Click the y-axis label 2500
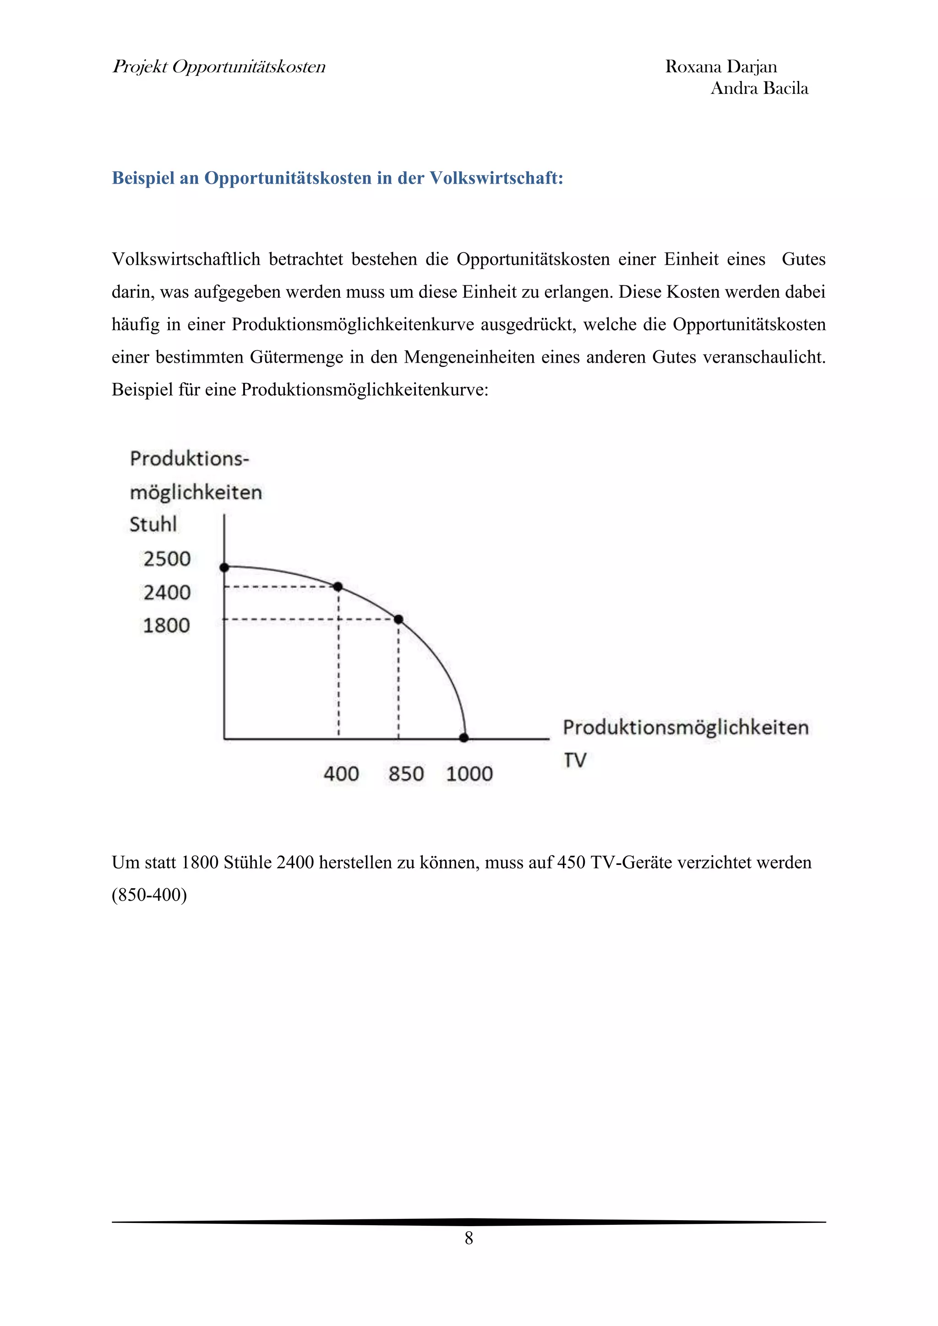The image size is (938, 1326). click(x=167, y=559)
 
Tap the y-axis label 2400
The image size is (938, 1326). click(x=167, y=592)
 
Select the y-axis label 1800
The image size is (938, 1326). click(x=166, y=625)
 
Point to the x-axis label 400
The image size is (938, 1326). click(x=341, y=774)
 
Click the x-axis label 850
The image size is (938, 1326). click(x=406, y=774)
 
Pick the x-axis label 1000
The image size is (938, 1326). click(x=469, y=774)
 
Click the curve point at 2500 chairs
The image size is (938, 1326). click(x=225, y=568)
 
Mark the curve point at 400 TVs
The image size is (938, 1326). click(x=338, y=587)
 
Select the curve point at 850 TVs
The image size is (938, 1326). click(x=398, y=620)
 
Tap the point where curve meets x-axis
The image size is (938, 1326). click(x=464, y=738)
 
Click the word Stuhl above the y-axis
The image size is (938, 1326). click(x=153, y=524)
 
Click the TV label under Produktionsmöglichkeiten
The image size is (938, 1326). click(x=575, y=760)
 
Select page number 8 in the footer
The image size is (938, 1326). click(x=469, y=1238)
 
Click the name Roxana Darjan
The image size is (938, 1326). click(x=721, y=67)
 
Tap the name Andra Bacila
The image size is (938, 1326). click(x=759, y=88)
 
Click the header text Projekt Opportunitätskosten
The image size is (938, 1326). click(x=219, y=67)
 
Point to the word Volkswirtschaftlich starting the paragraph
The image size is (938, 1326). click(x=186, y=259)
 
